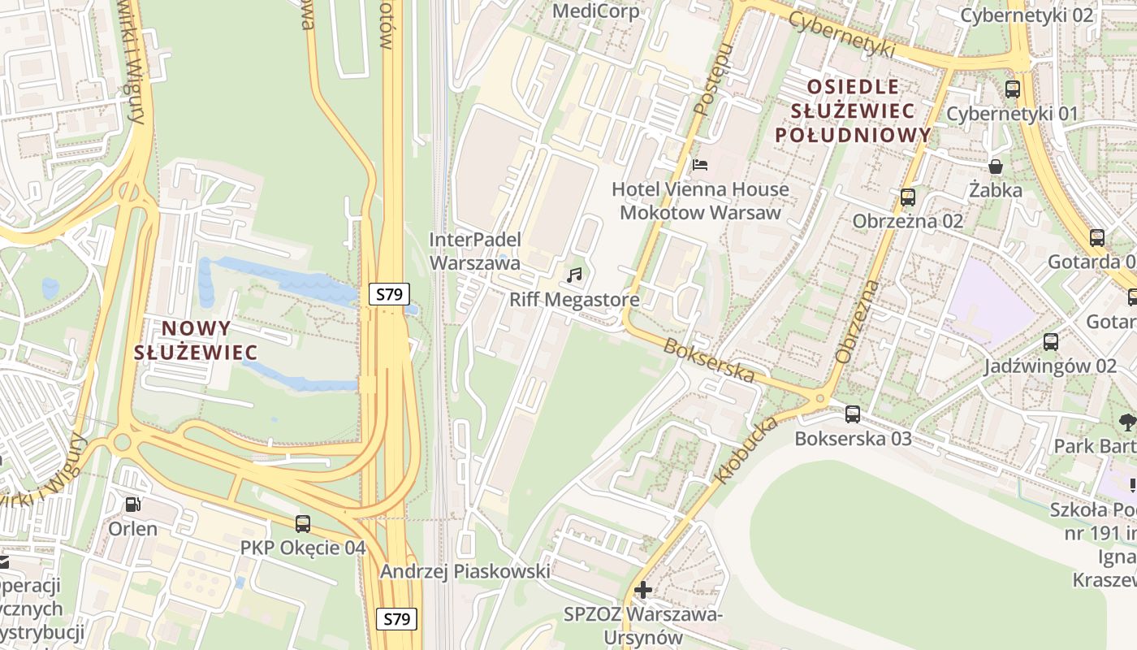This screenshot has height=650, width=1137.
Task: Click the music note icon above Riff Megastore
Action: pyautogui.click(x=575, y=275)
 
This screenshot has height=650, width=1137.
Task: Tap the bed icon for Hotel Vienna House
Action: pyautogui.click(x=700, y=165)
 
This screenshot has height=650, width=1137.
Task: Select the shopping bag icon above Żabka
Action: pyautogui.click(x=996, y=167)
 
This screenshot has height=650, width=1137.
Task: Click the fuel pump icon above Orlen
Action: pyautogui.click(x=132, y=505)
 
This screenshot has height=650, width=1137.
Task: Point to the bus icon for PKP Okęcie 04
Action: pyautogui.click(x=303, y=524)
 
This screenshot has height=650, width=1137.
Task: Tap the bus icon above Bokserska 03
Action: pyautogui.click(x=853, y=414)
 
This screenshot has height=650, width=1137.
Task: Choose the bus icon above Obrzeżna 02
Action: pyautogui.click(x=908, y=197)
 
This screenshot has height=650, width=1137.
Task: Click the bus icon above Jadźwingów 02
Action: pyautogui.click(x=1051, y=342)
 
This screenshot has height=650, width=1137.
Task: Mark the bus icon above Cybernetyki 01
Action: pyautogui.click(x=1013, y=89)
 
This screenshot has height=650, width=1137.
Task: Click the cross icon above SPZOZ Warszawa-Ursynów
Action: pyautogui.click(x=643, y=589)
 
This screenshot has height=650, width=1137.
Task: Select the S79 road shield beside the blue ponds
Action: pyautogui.click(x=390, y=294)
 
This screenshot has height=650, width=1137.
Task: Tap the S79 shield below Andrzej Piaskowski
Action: pyautogui.click(x=397, y=619)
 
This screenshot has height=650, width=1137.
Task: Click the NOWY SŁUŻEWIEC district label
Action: pyautogui.click(x=196, y=340)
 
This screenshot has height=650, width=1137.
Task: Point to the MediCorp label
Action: pyautogui.click(x=595, y=11)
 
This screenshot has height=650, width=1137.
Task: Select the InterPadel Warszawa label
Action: pyautogui.click(x=475, y=251)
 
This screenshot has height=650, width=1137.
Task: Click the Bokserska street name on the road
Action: pyautogui.click(x=709, y=360)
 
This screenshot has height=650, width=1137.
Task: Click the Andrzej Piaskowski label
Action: pyautogui.click(x=465, y=571)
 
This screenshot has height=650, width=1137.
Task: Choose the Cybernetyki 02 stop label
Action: pyautogui.click(x=1027, y=15)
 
